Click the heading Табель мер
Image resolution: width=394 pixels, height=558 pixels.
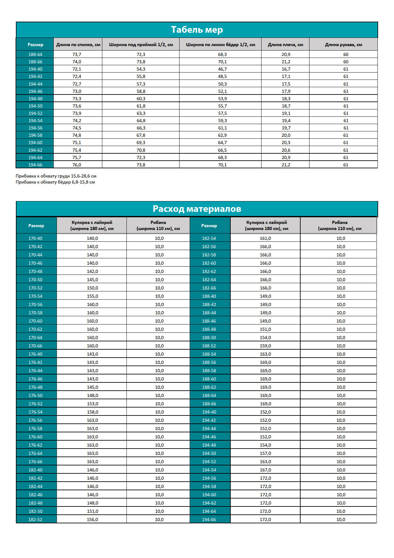pos(197,30)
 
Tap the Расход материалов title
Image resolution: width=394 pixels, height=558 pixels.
pos(197,209)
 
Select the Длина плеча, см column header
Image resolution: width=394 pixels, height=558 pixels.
pos(285,45)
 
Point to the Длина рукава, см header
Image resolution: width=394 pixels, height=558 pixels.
pos(343,45)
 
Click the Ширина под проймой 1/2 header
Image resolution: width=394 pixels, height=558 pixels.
pos(141,45)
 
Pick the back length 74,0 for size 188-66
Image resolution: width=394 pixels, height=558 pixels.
pos(77,62)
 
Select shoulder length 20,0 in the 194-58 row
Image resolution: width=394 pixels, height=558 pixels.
pos(286,135)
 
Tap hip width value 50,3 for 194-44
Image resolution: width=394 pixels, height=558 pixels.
pos(222,84)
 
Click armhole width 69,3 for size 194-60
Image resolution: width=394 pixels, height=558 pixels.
pos(141,143)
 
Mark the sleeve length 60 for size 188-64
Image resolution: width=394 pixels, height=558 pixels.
pos(346,54)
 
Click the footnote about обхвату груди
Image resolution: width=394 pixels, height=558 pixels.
pos(56,176)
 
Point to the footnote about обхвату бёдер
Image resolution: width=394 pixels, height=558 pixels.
pos(55,182)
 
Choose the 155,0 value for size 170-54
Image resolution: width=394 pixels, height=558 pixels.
pos(92,296)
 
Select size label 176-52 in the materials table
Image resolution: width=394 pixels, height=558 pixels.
pos(35,404)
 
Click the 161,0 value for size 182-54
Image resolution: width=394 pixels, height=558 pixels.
pos(265,238)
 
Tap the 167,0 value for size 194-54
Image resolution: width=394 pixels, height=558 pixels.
pos(265,470)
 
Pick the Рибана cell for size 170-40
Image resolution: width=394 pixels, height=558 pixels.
pos(159,238)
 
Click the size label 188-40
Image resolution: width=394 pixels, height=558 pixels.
pos(209,296)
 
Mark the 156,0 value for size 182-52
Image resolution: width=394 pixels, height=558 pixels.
pos(92,520)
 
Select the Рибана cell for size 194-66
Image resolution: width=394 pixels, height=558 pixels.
pos(341,520)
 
